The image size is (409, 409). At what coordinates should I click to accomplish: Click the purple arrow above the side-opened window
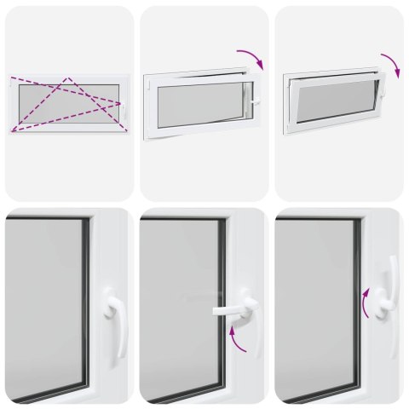tap(251, 57)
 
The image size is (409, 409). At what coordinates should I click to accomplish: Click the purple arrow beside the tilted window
tap(391, 65)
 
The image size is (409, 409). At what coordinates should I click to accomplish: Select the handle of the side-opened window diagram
tap(255, 102)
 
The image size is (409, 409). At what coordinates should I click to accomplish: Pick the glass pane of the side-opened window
tap(199, 103)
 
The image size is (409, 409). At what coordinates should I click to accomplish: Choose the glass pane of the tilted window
tap(336, 100)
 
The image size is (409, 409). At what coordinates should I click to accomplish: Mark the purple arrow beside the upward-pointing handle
tap(366, 302)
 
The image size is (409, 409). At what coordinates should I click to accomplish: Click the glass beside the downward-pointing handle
tap(43, 307)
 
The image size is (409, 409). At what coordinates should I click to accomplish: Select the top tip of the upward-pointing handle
tap(393, 261)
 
